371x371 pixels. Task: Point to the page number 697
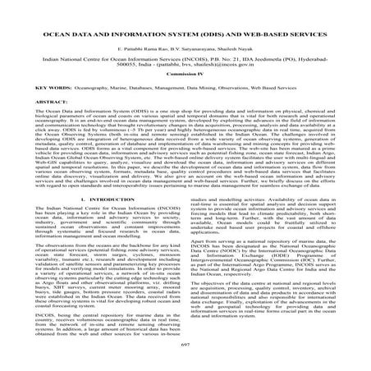tap(185, 360)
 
